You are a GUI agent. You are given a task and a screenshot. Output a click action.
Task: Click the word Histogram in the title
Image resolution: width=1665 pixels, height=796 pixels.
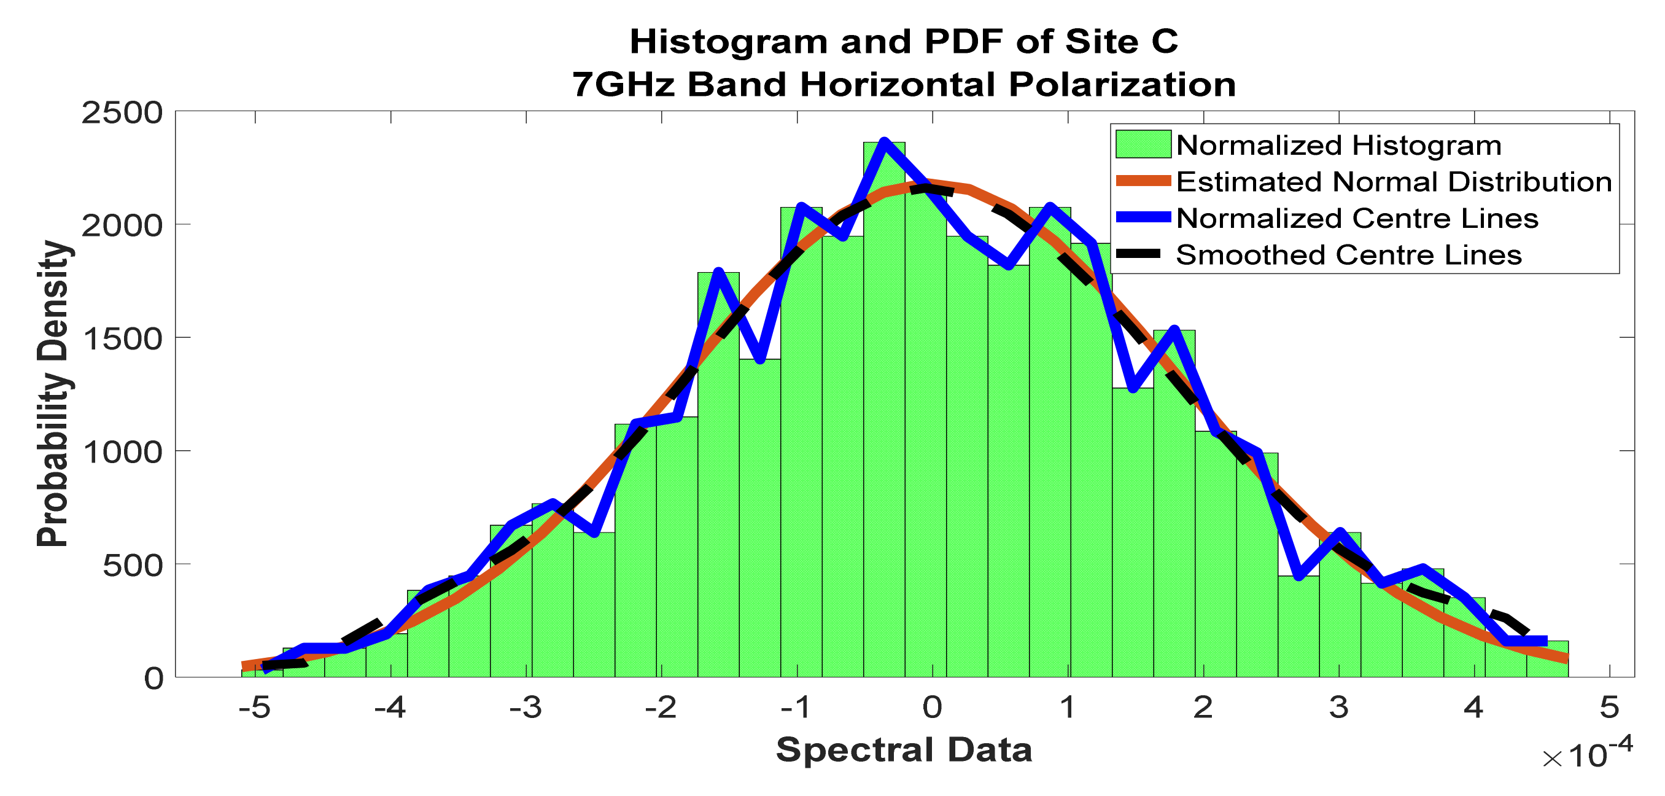tap(728, 42)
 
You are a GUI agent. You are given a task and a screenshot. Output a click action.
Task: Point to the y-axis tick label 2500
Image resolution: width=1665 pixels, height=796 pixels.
tap(122, 113)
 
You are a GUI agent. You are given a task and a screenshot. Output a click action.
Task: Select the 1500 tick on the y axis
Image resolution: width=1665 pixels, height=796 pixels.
tap(122, 339)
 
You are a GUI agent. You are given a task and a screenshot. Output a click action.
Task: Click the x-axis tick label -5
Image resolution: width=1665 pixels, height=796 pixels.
tap(254, 708)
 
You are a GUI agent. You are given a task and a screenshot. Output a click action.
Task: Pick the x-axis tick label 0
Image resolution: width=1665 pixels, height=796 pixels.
tap(932, 708)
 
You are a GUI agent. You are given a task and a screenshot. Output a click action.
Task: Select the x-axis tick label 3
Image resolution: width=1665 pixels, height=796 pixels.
tap(1338, 708)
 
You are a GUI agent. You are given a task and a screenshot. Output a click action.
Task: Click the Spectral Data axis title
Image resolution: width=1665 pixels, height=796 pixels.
tap(904, 750)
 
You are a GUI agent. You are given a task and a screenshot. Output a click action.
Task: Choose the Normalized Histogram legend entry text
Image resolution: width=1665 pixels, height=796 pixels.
tap(1338, 146)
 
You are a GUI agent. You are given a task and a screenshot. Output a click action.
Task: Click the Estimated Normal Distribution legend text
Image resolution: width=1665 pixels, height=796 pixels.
tap(1394, 182)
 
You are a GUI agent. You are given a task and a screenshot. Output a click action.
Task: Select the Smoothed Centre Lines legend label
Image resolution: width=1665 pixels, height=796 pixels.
tap(1348, 256)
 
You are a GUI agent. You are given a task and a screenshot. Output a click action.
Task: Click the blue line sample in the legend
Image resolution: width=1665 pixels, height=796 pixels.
tap(1143, 218)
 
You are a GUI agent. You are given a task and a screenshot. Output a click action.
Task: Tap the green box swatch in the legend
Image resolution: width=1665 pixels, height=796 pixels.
tap(1143, 145)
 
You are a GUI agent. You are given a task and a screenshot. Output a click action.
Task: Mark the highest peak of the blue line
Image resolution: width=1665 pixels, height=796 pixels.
tap(884, 142)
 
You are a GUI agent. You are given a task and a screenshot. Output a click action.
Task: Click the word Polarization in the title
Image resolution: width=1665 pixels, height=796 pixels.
tap(1122, 85)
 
